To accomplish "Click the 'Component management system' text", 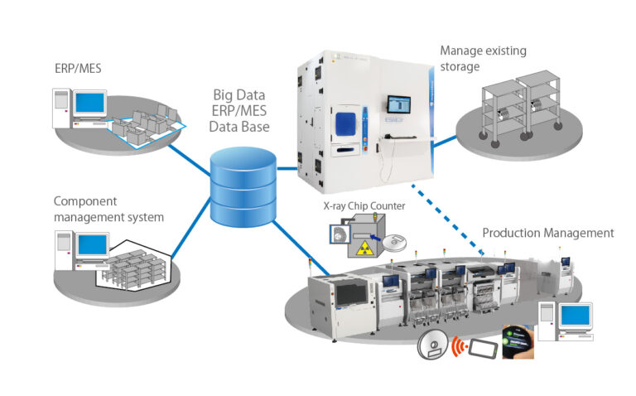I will [x=108, y=209].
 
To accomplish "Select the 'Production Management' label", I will [x=547, y=233].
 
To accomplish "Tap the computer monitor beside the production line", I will [x=573, y=316].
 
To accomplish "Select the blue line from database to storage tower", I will [x=286, y=168].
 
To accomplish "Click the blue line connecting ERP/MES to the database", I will [x=187, y=157].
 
